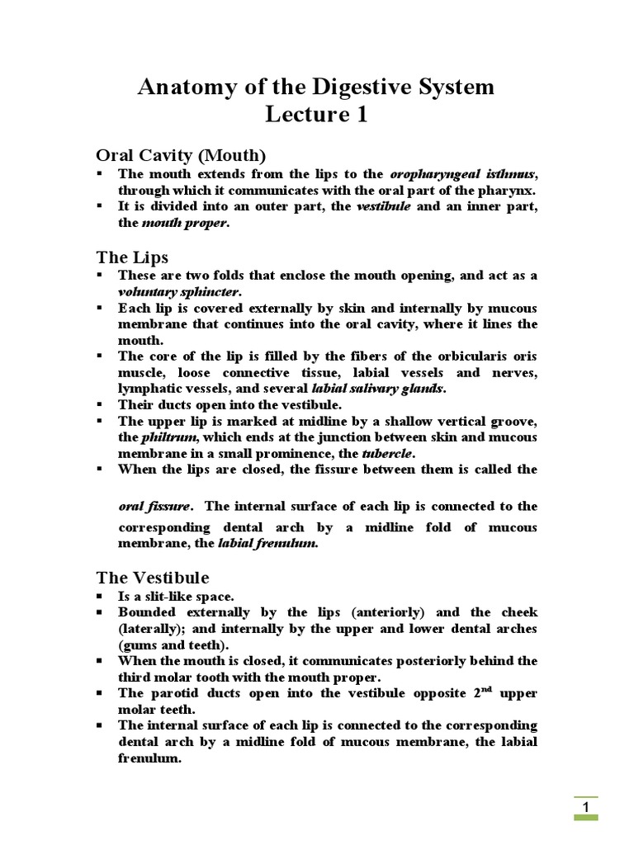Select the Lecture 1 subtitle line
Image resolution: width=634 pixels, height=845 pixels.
316,115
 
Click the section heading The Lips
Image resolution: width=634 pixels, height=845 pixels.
132,257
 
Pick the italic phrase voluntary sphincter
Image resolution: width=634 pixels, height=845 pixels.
179,291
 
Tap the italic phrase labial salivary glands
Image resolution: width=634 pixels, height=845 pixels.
377,388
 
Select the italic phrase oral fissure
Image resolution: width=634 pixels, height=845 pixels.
155,506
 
